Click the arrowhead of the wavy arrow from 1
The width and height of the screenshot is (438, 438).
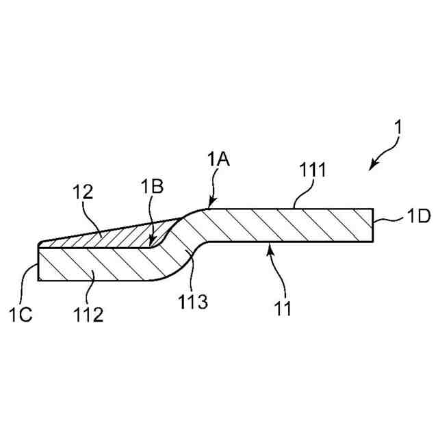(x=372, y=166)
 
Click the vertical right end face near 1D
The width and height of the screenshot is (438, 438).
(x=374, y=225)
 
